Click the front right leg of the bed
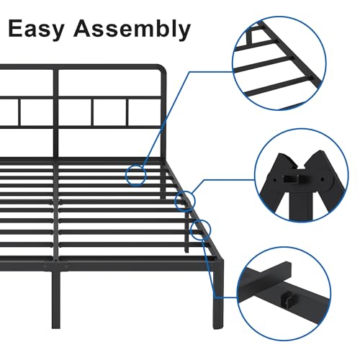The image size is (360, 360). (218, 294)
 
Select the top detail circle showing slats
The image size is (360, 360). (279, 63)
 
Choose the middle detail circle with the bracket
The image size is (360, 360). (301, 175)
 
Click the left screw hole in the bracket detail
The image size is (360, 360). (274, 179)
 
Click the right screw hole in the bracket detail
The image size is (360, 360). (323, 179)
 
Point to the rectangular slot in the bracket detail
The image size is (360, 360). (291, 179)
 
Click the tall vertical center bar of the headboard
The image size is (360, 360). (55, 114)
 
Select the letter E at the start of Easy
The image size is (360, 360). (16, 28)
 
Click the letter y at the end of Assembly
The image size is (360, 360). (184, 32)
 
